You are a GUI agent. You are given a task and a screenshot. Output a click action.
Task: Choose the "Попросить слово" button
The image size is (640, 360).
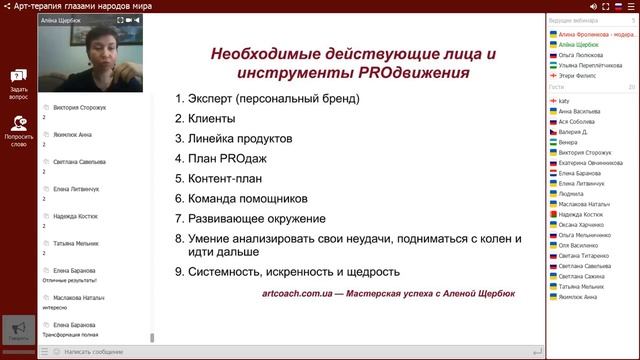pos(18,134)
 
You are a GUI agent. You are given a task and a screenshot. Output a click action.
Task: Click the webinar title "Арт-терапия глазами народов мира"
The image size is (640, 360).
pos(90,6)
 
